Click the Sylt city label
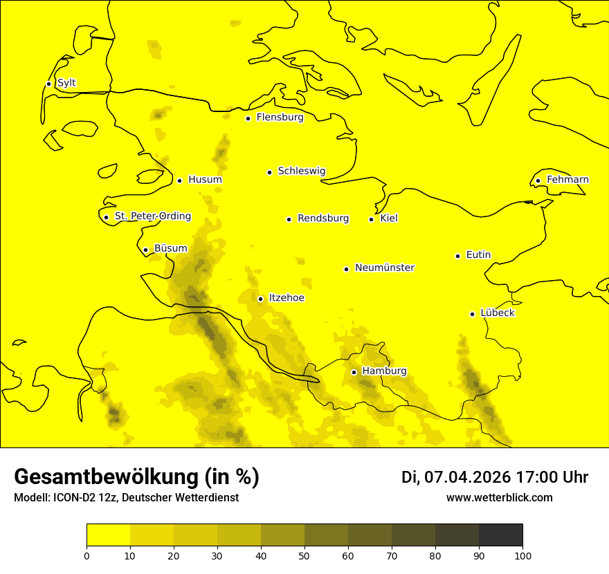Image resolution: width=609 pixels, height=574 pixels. click(x=66, y=83)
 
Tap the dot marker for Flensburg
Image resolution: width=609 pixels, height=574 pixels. click(x=248, y=118)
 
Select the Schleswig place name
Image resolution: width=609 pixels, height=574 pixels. click(x=301, y=171)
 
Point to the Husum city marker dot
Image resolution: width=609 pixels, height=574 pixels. click(x=179, y=180)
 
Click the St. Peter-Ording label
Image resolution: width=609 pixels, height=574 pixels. click(x=152, y=216)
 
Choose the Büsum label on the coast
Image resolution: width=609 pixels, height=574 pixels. click(x=170, y=248)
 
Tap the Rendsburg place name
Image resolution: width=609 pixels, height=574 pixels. click(x=322, y=219)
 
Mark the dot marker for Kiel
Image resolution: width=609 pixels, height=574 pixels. click(x=371, y=219)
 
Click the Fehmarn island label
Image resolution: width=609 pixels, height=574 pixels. click(x=567, y=180)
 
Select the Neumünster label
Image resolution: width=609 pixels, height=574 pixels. click(x=385, y=268)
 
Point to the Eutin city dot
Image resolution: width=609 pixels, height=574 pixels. click(x=457, y=256)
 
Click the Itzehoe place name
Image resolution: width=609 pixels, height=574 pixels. click(x=287, y=298)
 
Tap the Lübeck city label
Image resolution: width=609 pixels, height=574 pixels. click(x=497, y=313)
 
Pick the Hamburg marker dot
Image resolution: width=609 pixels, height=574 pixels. click(x=354, y=372)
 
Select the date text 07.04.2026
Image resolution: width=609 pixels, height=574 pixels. click(x=467, y=477)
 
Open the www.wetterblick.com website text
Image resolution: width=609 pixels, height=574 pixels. click(x=499, y=498)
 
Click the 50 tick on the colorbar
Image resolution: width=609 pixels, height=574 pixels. click(x=304, y=555)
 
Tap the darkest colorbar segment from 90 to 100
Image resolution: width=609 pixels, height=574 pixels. click(x=500, y=535)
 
